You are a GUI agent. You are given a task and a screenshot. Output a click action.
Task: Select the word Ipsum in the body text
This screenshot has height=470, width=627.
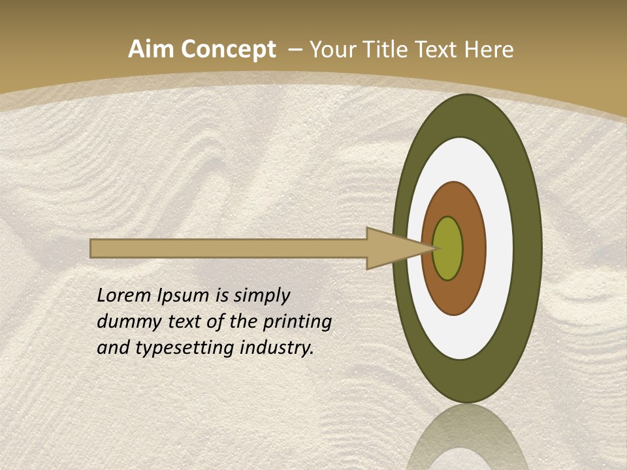[x=185, y=296]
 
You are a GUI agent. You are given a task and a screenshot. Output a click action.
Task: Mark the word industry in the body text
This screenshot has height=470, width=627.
[x=276, y=348]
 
